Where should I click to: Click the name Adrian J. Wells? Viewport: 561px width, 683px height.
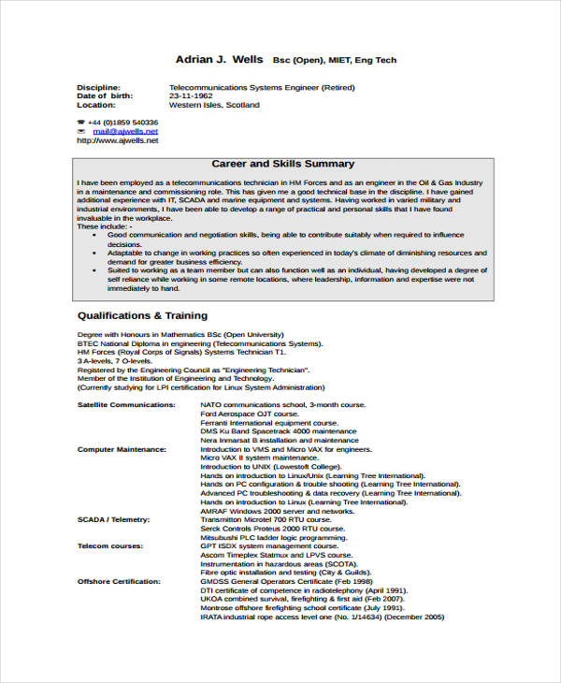pos(219,60)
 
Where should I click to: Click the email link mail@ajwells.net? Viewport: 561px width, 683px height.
pos(125,132)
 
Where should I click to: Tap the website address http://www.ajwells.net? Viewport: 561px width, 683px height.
pos(117,140)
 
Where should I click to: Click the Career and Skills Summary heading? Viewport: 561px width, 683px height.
pos(282,164)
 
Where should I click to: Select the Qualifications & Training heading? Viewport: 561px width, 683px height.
pos(142,315)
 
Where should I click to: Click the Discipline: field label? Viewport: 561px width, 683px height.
pos(98,88)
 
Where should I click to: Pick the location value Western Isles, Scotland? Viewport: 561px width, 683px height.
pos(214,105)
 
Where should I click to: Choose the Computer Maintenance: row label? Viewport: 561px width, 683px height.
pos(122,449)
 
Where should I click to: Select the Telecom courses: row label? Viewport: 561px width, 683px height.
pos(109,546)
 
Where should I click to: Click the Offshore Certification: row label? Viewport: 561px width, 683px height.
pos(119,582)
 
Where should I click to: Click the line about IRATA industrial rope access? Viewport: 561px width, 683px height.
pos(309,618)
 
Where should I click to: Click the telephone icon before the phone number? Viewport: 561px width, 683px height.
pos(81,123)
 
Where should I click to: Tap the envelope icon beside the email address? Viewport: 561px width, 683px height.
pos(81,132)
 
